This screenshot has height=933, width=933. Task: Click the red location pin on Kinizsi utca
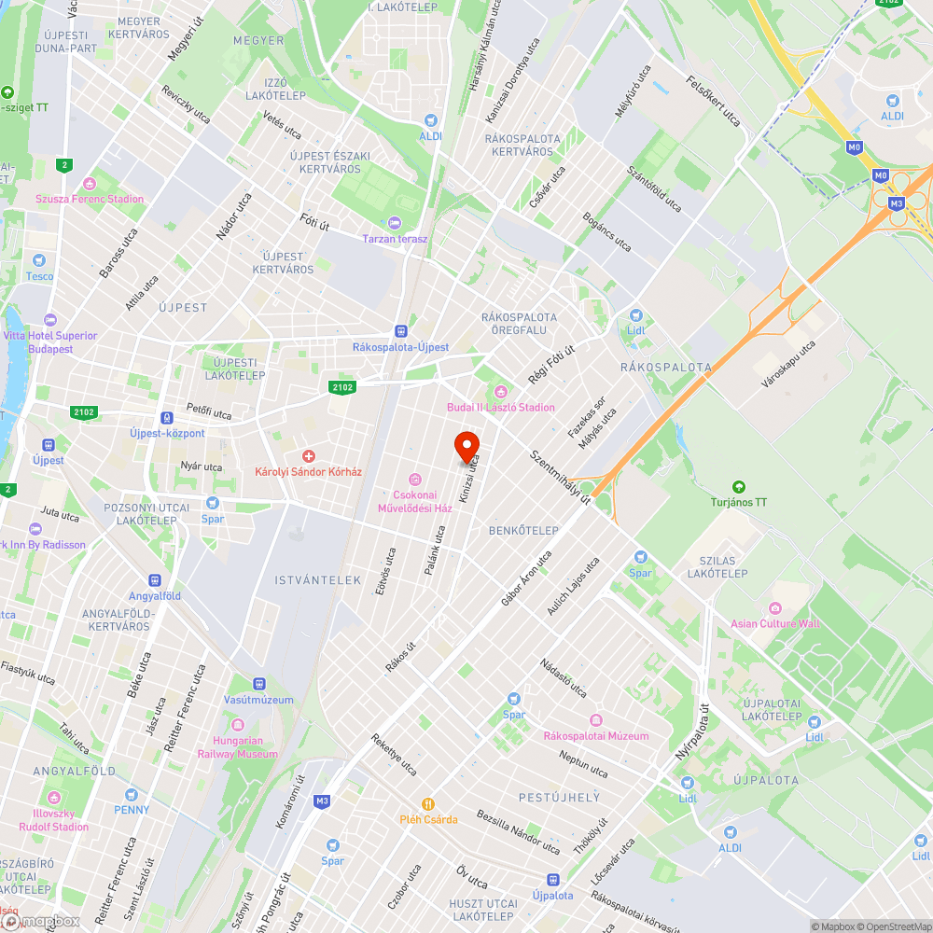(x=466, y=447)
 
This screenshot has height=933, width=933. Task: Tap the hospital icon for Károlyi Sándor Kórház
(x=308, y=455)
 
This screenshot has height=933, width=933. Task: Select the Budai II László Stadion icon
(x=501, y=391)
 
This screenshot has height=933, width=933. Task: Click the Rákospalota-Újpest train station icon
(x=400, y=330)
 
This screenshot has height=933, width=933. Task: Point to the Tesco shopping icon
(x=39, y=260)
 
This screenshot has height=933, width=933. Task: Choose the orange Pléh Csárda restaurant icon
(x=428, y=803)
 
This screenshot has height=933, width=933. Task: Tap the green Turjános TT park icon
(x=739, y=486)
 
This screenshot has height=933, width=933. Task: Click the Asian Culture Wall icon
(x=775, y=607)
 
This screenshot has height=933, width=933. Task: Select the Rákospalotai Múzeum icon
(x=596, y=719)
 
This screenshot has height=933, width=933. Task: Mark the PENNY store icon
(x=132, y=794)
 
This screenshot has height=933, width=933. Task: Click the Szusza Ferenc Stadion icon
(x=90, y=183)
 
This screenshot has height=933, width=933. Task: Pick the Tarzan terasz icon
(x=395, y=223)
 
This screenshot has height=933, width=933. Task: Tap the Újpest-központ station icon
(x=168, y=418)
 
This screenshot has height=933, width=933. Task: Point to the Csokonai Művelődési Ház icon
(x=414, y=479)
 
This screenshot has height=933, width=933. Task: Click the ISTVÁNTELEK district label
(x=317, y=580)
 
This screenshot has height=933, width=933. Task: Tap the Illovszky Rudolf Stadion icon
(x=54, y=799)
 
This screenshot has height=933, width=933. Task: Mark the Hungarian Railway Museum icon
(x=237, y=725)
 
